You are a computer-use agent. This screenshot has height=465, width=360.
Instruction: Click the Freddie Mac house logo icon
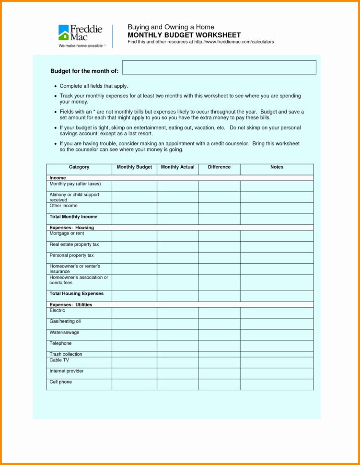(x=64, y=33)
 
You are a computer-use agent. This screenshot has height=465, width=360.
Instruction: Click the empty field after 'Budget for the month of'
(x=219, y=68)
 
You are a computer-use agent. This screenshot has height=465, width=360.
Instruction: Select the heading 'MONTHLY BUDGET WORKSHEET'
(x=184, y=35)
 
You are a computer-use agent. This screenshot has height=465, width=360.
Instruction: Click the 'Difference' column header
(x=219, y=167)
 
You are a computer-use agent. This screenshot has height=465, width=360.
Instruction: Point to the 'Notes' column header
(x=277, y=167)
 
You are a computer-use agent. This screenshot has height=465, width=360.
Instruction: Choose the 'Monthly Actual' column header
(x=177, y=167)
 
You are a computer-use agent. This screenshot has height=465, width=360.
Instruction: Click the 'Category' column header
(x=79, y=167)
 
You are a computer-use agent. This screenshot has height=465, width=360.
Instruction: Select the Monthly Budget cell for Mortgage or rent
(x=134, y=235)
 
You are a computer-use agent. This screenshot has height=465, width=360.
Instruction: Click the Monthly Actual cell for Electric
(x=177, y=313)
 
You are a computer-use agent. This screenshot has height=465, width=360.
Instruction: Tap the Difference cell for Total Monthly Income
(x=219, y=219)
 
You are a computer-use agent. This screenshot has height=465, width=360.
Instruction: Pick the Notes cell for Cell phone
(x=277, y=384)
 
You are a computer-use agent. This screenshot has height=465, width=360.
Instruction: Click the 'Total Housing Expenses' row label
(x=76, y=293)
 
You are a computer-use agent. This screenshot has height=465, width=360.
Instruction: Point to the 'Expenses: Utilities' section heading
(x=70, y=305)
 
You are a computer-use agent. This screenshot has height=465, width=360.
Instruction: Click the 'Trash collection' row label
(x=66, y=354)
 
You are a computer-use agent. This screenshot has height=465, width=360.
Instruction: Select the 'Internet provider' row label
(x=67, y=371)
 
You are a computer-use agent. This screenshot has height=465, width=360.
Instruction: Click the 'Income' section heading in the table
(x=58, y=178)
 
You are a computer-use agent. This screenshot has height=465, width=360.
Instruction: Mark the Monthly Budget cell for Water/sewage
(x=134, y=335)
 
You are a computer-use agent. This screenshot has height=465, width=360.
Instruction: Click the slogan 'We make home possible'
(x=81, y=46)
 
